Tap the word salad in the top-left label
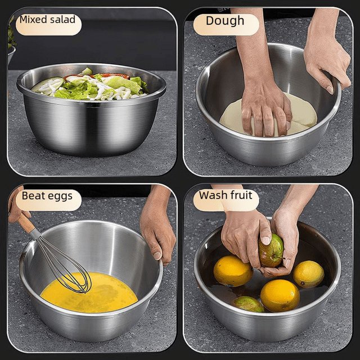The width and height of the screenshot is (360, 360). click(x=62, y=19)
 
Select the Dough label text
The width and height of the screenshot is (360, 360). click(x=225, y=21)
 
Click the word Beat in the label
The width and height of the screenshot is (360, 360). click(x=34, y=196)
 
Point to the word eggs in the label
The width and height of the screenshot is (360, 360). click(x=61, y=197)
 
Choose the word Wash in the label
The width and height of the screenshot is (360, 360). click(x=213, y=195)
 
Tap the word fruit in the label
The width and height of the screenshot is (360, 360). click(x=241, y=195)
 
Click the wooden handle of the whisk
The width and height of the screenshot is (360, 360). click(x=26, y=223)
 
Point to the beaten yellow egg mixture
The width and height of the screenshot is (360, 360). click(x=89, y=292)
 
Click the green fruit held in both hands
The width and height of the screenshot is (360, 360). click(x=271, y=250)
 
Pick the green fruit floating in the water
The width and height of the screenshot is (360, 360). click(x=249, y=304)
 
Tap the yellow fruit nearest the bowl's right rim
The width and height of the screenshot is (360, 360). click(x=309, y=274)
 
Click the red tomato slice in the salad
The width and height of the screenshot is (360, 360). click(x=115, y=75)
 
